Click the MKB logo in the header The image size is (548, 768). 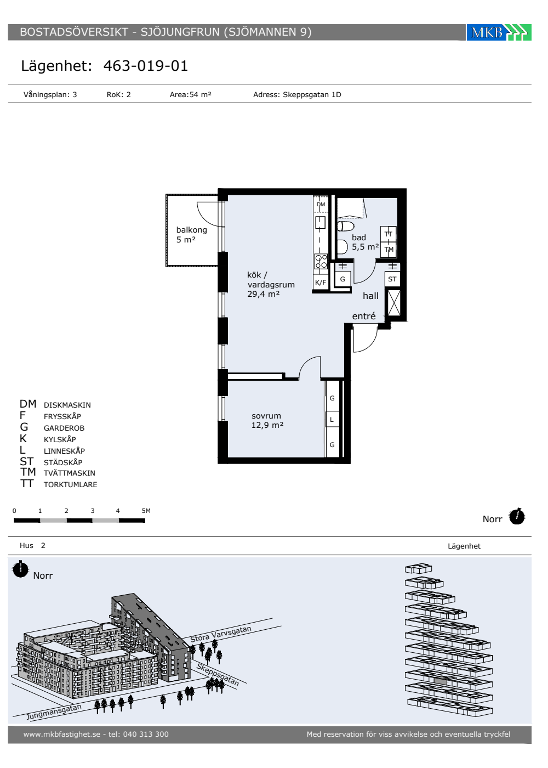[498, 32]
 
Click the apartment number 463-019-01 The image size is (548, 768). [146, 66]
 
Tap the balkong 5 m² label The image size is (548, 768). [191, 235]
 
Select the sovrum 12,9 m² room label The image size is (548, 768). [267, 420]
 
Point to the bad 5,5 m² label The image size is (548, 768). [365, 242]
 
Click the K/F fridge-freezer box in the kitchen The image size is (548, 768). [321, 282]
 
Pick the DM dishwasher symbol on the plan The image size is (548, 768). [321, 205]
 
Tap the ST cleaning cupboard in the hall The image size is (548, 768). [392, 279]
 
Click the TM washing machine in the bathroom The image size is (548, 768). [389, 249]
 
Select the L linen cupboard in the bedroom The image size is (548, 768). [332, 419]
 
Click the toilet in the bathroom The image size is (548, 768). [345, 226]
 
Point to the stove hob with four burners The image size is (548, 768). [321, 261]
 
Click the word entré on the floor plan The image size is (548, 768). [364, 316]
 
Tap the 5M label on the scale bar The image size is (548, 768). [146, 511]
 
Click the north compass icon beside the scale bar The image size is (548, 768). [517, 516]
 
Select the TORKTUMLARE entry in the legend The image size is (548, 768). [70, 484]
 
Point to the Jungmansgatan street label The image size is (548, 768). [54, 712]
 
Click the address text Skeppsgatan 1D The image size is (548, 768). [312, 94]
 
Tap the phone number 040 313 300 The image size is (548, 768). [146, 734]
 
